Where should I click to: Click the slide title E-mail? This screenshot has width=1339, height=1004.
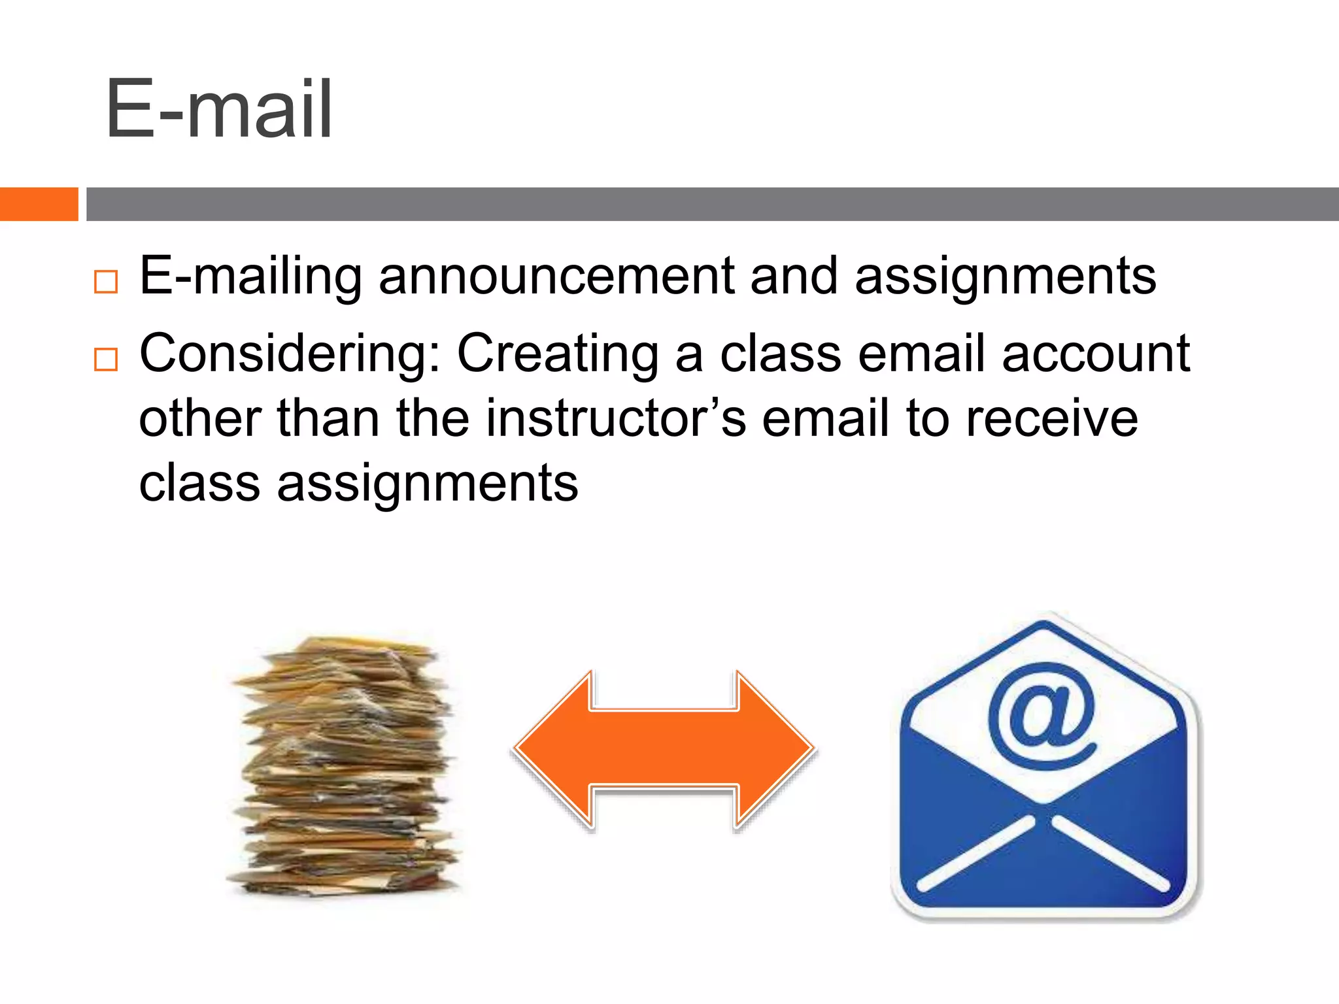(219, 109)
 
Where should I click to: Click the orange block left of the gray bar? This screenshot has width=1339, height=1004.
(39, 204)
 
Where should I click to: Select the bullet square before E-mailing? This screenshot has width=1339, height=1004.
(106, 282)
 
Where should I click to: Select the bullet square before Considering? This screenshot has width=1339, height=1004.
(106, 360)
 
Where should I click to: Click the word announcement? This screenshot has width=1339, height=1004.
(556, 276)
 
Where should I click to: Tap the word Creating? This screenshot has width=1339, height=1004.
(557, 355)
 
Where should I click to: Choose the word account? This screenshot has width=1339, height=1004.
(1096, 354)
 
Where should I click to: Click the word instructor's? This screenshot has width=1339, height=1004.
(615, 419)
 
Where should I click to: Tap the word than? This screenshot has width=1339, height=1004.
(328, 419)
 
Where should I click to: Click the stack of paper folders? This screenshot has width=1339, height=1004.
(344, 765)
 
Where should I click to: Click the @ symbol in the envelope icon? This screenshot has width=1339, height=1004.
(1042, 716)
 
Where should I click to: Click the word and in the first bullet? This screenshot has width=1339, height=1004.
(794, 276)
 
